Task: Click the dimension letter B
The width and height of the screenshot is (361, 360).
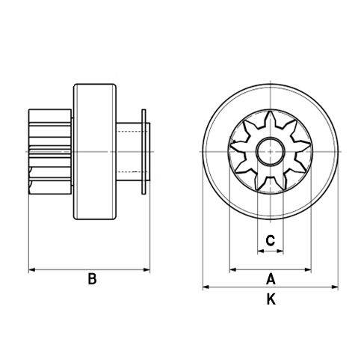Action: [x=92, y=279]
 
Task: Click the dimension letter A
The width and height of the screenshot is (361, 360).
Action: [x=271, y=279]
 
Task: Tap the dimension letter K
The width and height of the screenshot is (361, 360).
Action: [x=271, y=299]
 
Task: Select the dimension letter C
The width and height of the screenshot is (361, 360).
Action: [x=271, y=240]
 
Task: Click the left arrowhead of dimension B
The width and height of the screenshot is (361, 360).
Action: [x=31, y=269]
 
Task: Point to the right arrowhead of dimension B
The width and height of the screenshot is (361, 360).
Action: [x=147, y=269]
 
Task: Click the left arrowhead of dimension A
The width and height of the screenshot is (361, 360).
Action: [x=232, y=269]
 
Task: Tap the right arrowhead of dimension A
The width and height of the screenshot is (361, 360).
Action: [x=309, y=269]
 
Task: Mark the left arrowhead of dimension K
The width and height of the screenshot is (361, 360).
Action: [x=206, y=287]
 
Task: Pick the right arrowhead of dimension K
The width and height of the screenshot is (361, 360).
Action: [x=335, y=287]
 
